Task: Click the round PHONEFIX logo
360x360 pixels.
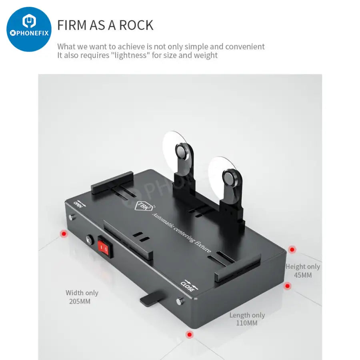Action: tap(29, 29)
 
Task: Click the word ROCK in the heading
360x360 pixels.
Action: tap(136, 25)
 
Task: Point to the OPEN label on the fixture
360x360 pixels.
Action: tap(78, 204)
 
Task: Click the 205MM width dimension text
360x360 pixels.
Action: tap(80, 302)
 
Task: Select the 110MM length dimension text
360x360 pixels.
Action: tap(247, 323)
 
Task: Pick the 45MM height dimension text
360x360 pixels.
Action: tap(303, 275)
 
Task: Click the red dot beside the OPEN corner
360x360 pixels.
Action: tap(64, 234)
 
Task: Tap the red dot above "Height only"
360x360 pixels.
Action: tap(292, 249)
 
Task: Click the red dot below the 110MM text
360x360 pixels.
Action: tap(190, 334)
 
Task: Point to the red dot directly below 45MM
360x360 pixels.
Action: tap(287, 286)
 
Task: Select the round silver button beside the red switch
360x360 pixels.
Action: tap(90, 239)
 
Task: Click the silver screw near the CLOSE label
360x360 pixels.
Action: tap(180, 301)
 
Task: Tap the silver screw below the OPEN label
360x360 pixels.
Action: tap(72, 217)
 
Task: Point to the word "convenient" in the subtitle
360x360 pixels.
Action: tap(245, 47)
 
